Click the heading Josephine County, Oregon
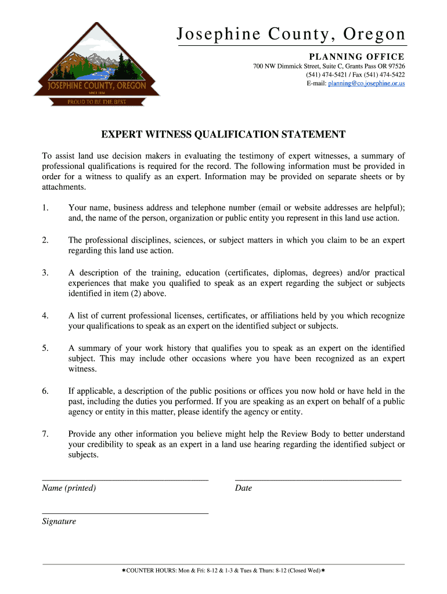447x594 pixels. (291, 35)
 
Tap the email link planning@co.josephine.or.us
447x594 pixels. (366, 84)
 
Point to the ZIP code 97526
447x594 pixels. (394, 66)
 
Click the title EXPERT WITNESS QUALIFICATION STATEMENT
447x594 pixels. (223, 135)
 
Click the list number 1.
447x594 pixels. (45, 208)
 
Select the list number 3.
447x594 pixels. (45, 273)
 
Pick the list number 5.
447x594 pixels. (45, 348)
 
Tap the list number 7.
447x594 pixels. (45, 434)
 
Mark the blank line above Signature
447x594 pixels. (125, 513)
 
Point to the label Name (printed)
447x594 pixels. (69, 488)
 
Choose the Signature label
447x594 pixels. (59, 521)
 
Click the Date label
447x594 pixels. (243, 488)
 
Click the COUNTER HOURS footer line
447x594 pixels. (223, 571)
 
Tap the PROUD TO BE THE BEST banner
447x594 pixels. (96, 102)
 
